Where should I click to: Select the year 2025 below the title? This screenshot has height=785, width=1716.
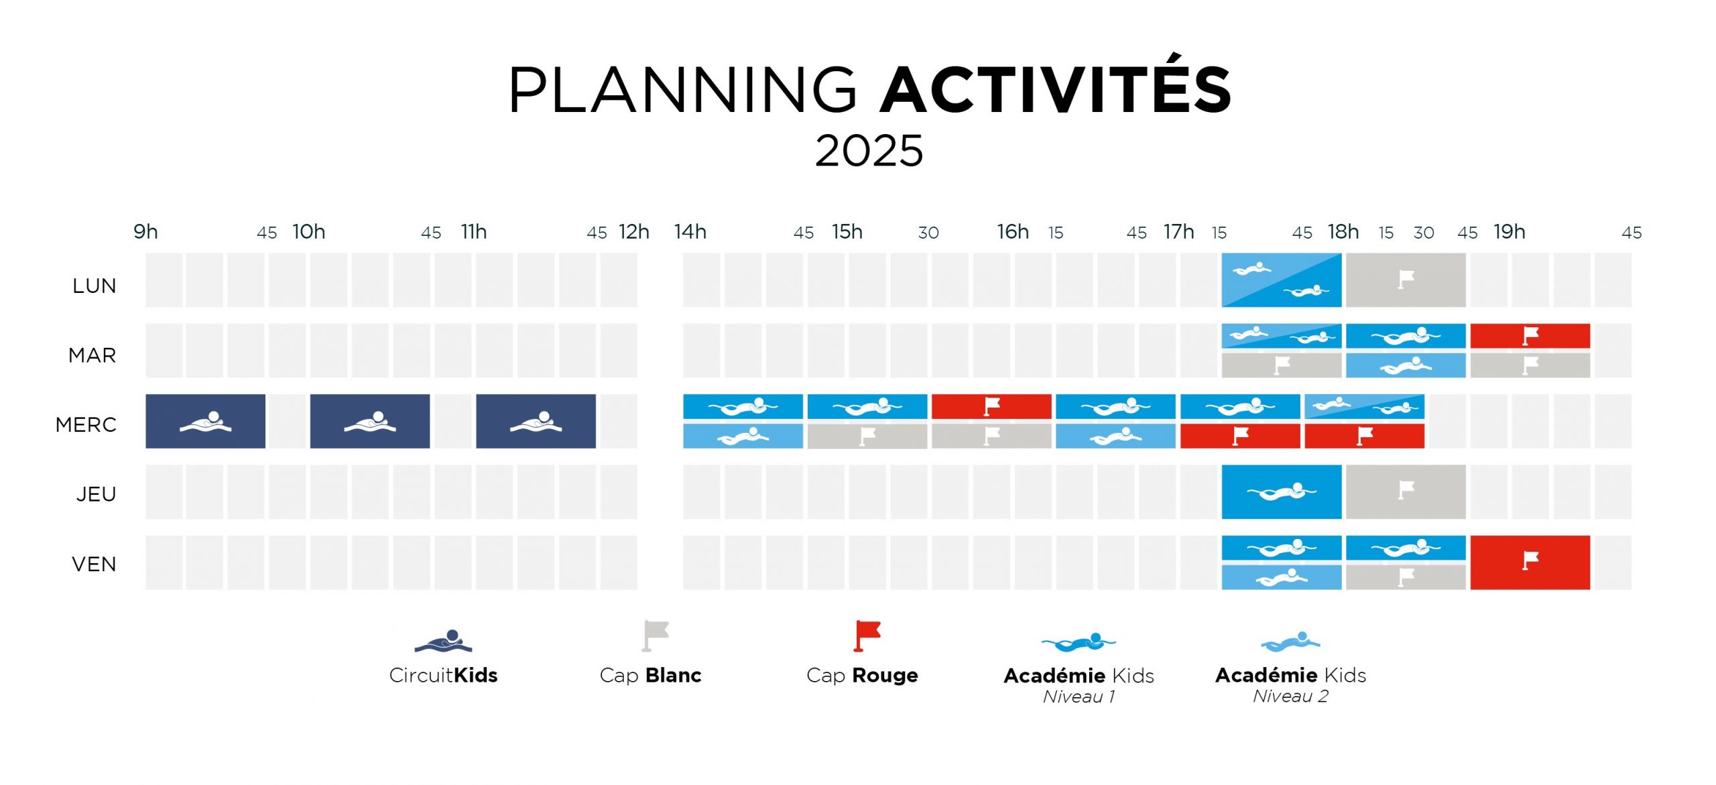click(x=869, y=150)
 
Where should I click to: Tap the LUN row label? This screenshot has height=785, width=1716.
click(x=95, y=286)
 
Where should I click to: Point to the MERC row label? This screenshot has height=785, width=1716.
click(x=86, y=424)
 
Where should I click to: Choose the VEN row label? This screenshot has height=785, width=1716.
click(x=94, y=564)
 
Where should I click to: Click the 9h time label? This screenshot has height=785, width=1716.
click(x=145, y=231)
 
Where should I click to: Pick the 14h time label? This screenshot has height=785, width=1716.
click(x=690, y=231)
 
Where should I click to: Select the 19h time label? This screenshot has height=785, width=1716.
click(x=1510, y=231)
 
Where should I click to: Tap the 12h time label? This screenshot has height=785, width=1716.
click(x=634, y=231)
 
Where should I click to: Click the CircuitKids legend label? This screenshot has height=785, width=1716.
click(x=443, y=675)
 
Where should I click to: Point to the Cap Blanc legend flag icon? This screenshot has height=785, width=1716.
click(x=655, y=636)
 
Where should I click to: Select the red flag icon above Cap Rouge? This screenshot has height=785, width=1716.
click(x=867, y=636)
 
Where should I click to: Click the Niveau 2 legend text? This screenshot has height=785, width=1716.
click(x=1290, y=697)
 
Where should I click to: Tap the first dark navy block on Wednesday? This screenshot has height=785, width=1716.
click(x=206, y=421)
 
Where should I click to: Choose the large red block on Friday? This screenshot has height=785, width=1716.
click(x=1530, y=562)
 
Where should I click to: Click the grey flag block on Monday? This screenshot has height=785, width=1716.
click(x=1406, y=280)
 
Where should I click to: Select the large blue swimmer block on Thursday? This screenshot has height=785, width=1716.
click(x=1282, y=492)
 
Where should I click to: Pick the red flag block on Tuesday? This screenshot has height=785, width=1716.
click(x=1530, y=336)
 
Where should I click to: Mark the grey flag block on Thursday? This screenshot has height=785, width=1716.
click(x=1406, y=492)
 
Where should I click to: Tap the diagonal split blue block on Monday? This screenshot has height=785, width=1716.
click(x=1282, y=280)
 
